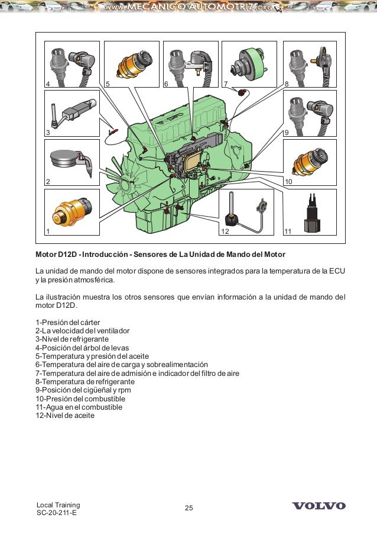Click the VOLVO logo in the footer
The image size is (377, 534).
[x=319, y=506]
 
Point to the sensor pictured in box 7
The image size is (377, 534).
[x=247, y=62]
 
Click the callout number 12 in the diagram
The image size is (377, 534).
[x=225, y=230]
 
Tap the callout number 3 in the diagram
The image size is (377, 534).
[x=48, y=133]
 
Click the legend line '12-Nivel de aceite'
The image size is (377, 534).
[x=65, y=416]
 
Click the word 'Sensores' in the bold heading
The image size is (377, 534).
[x=155, y=255]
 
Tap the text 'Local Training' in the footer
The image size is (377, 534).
[x=58, y=504]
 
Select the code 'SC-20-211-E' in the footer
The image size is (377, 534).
[x=57, y=513]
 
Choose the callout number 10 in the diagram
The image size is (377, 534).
[x=289, y=181]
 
